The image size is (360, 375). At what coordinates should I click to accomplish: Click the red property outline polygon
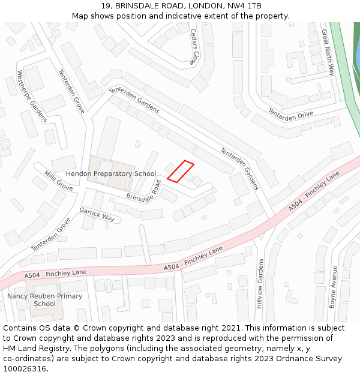[180, 171]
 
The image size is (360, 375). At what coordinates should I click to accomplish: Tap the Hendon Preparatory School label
[111, 174]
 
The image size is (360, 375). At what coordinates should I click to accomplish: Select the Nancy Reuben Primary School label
[44, 300]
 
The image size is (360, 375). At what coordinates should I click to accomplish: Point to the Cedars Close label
[193, 46]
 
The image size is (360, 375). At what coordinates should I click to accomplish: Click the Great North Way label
[328, 53]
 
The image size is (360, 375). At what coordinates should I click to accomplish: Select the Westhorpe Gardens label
[32, 96]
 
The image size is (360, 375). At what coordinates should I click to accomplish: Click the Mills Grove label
[58, 181]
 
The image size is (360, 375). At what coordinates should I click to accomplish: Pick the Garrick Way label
[97, 214]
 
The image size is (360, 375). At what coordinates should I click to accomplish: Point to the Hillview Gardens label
[260, 283]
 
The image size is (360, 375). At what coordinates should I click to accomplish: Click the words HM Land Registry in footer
[34, 349]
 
